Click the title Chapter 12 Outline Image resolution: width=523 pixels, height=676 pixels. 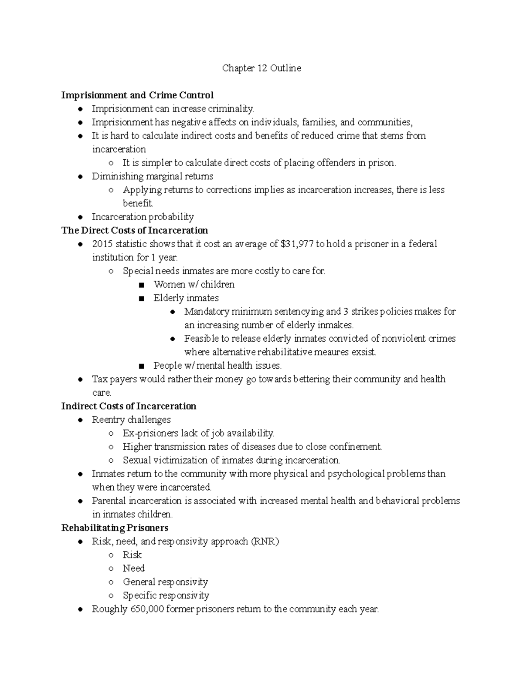pyautogui.click(x=261, y=68)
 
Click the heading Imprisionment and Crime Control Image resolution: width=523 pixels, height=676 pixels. pyautogui.click(x=137, y=95)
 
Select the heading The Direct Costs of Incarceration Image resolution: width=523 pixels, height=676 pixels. pyautogui.click(x=135, y=230)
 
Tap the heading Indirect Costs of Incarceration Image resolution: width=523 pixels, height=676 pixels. pyautogui.click(x=129, y=406)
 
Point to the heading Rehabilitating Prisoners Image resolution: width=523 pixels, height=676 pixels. pyautogui.click(x=115, y=528)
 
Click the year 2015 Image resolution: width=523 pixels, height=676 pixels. pyautogui.click(x=102, y=244)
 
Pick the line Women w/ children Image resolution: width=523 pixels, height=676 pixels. pyautogui.click(x=194, y=285)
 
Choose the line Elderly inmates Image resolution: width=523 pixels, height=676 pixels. pyautogui.click(x=186, y=298)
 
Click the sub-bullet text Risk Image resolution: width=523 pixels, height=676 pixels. pyautogui.click(x=132, y=555)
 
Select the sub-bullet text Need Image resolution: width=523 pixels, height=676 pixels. pyautogui.click(x=133, y=568)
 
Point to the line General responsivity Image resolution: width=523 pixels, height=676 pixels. pyautogui.click(x=165, y=582)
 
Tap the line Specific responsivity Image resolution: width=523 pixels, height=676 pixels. pyautogui.click(x=166, y=595)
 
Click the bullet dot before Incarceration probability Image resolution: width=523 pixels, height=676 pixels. pyautogui.click(x=80, y=217)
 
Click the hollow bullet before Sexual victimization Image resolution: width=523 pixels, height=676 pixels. pyautogui.click(x=111, y=461)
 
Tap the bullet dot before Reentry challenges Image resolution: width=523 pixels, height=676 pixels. pyautogui.click(x=80, y=420)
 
